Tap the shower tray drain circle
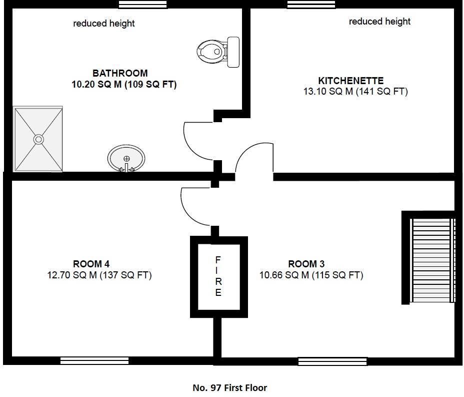(x=38, y=139)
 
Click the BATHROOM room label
(x=120, y=73)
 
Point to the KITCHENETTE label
(x=350, y=81)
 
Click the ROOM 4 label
(x=91, y=264)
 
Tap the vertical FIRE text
(x=218, y=276)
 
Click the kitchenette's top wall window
(x=311, y=5)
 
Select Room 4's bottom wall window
(x=94, y=360)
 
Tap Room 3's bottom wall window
(x=332, y=361)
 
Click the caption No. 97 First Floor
(x=229, y=387)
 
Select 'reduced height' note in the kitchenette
(x=379, y=22)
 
